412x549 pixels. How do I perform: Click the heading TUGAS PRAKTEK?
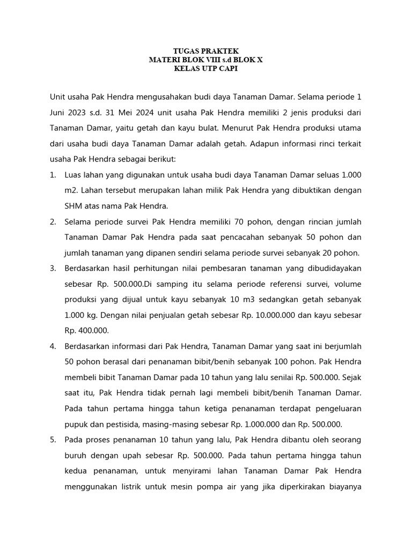click(x=205, y=51)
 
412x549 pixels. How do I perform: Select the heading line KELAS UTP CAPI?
click(x=205, y=69)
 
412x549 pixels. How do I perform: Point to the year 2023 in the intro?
click(x=77, y=114)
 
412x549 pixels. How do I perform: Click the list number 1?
click(x=53, y=175)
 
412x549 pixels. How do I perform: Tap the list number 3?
click(x=53, y=269)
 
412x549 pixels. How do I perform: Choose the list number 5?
click(x=53, y=440)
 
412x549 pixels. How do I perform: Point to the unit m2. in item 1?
click(x=72, y=191)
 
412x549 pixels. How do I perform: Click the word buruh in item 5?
click(x=76, y=455)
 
